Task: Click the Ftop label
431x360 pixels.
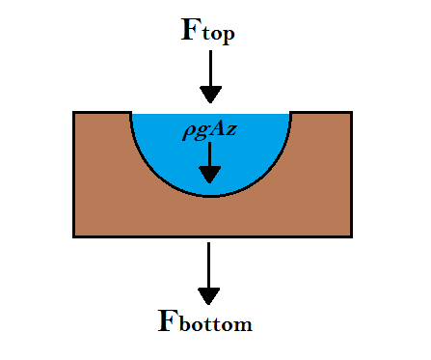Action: coord(208,30)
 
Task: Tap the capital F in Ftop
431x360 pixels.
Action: coord(192,29)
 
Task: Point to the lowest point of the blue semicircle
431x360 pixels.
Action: coord(209,196)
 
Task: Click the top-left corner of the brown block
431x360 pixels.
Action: coord(74,113)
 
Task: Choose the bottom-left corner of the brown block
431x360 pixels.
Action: coord(74,236)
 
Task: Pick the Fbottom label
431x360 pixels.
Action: coord(204,320)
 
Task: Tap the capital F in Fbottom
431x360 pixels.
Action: coord(169,319)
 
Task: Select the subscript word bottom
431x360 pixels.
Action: coord(217,325)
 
